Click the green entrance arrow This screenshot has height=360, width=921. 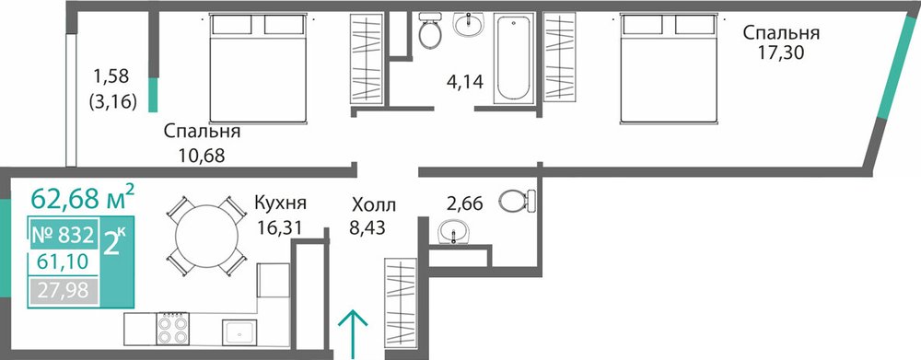coord(353,333)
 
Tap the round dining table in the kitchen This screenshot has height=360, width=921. coord(206,236)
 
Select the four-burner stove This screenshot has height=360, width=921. coord(173,330)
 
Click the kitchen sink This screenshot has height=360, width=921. coord(239,332)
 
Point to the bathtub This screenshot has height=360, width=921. coord(514,58)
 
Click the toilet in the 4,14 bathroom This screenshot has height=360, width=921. coord(430,29)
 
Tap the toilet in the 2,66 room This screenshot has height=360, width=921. coord(518,201)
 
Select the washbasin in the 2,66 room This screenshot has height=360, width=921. coord(453,231)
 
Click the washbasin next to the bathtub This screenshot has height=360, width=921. coord(469,24)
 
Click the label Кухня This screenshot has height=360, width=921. coord(280,203)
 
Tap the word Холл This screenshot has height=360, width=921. coord(374,205)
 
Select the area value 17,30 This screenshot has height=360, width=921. coord(781,53)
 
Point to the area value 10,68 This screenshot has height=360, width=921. coord(202,156)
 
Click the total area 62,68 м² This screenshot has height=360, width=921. coord(83,197)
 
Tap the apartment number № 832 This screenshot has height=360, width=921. coord(62,236)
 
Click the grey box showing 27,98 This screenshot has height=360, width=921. coord(63,291)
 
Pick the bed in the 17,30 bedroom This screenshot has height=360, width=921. coord(670,69)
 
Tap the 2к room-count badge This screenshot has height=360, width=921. coord(114,242)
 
